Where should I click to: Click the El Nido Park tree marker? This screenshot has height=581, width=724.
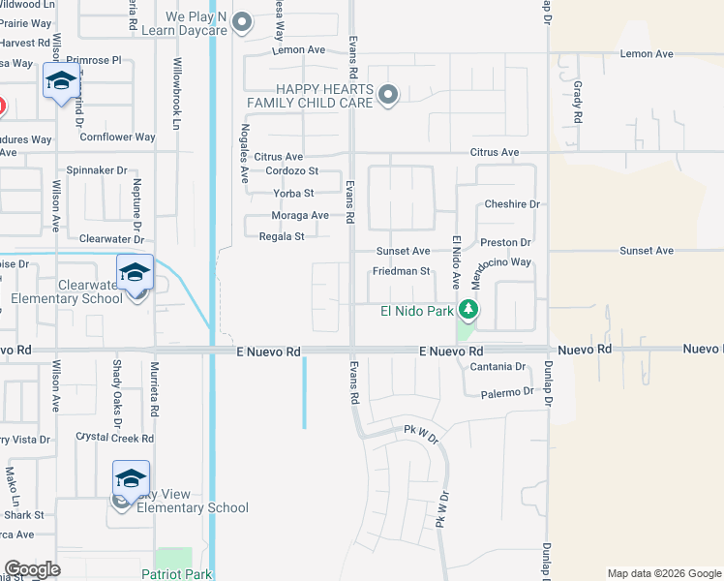(x=469, y=310)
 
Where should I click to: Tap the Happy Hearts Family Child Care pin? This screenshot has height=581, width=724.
(x=388, y=95)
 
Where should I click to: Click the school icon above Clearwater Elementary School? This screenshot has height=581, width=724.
(x=136, y=271)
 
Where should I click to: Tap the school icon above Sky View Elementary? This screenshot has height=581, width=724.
(x=131, y=477)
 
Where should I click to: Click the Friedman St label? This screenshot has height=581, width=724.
(x=401, y=271)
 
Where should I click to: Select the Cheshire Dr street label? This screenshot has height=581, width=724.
(x=511, y=204)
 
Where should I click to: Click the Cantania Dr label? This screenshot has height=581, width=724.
(x=497, y=367)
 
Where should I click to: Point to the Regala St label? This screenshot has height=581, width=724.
(x=282, y=236)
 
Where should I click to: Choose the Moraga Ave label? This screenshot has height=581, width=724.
(x=300, y=215)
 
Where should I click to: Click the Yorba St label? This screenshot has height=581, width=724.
(x=294, y=193)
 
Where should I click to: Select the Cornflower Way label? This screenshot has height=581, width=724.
(x=117, y=138)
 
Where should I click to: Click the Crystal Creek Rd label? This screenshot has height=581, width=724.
(x=114, y=438)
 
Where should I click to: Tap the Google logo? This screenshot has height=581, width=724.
(x=32, y=569)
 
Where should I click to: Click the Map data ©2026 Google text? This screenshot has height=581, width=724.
(x=664, y=573)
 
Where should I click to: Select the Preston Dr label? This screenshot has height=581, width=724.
(x=506, y=242)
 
